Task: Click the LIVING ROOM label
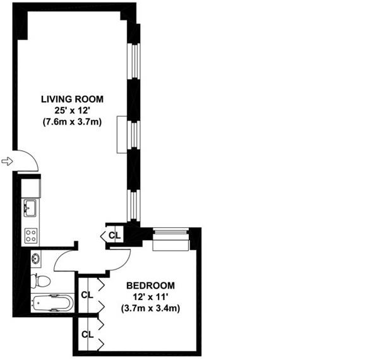[72, 99]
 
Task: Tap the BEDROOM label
[150, 285]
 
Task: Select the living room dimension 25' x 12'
[72, 111]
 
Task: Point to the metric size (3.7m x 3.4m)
[150, 309]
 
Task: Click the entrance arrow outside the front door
[7, 160]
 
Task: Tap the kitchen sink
[30, 208]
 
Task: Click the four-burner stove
[31, 236]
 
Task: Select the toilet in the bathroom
[40, 281]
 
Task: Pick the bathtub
[53, 303]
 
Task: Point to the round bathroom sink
[35, 259]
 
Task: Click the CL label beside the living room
[114, 235]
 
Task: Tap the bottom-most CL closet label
[88, 335]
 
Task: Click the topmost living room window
[134, 61]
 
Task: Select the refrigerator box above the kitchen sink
[31, 188]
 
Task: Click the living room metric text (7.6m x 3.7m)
[72, 122]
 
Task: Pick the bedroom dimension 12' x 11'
[150, 297]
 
